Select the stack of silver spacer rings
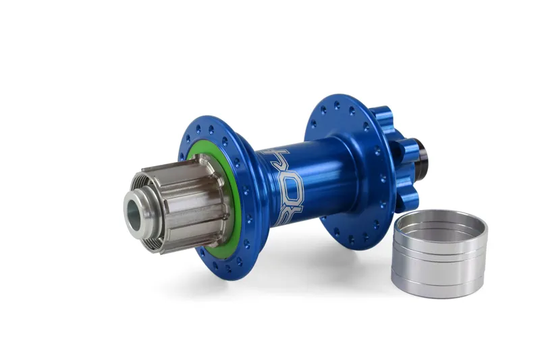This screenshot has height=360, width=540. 439,253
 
